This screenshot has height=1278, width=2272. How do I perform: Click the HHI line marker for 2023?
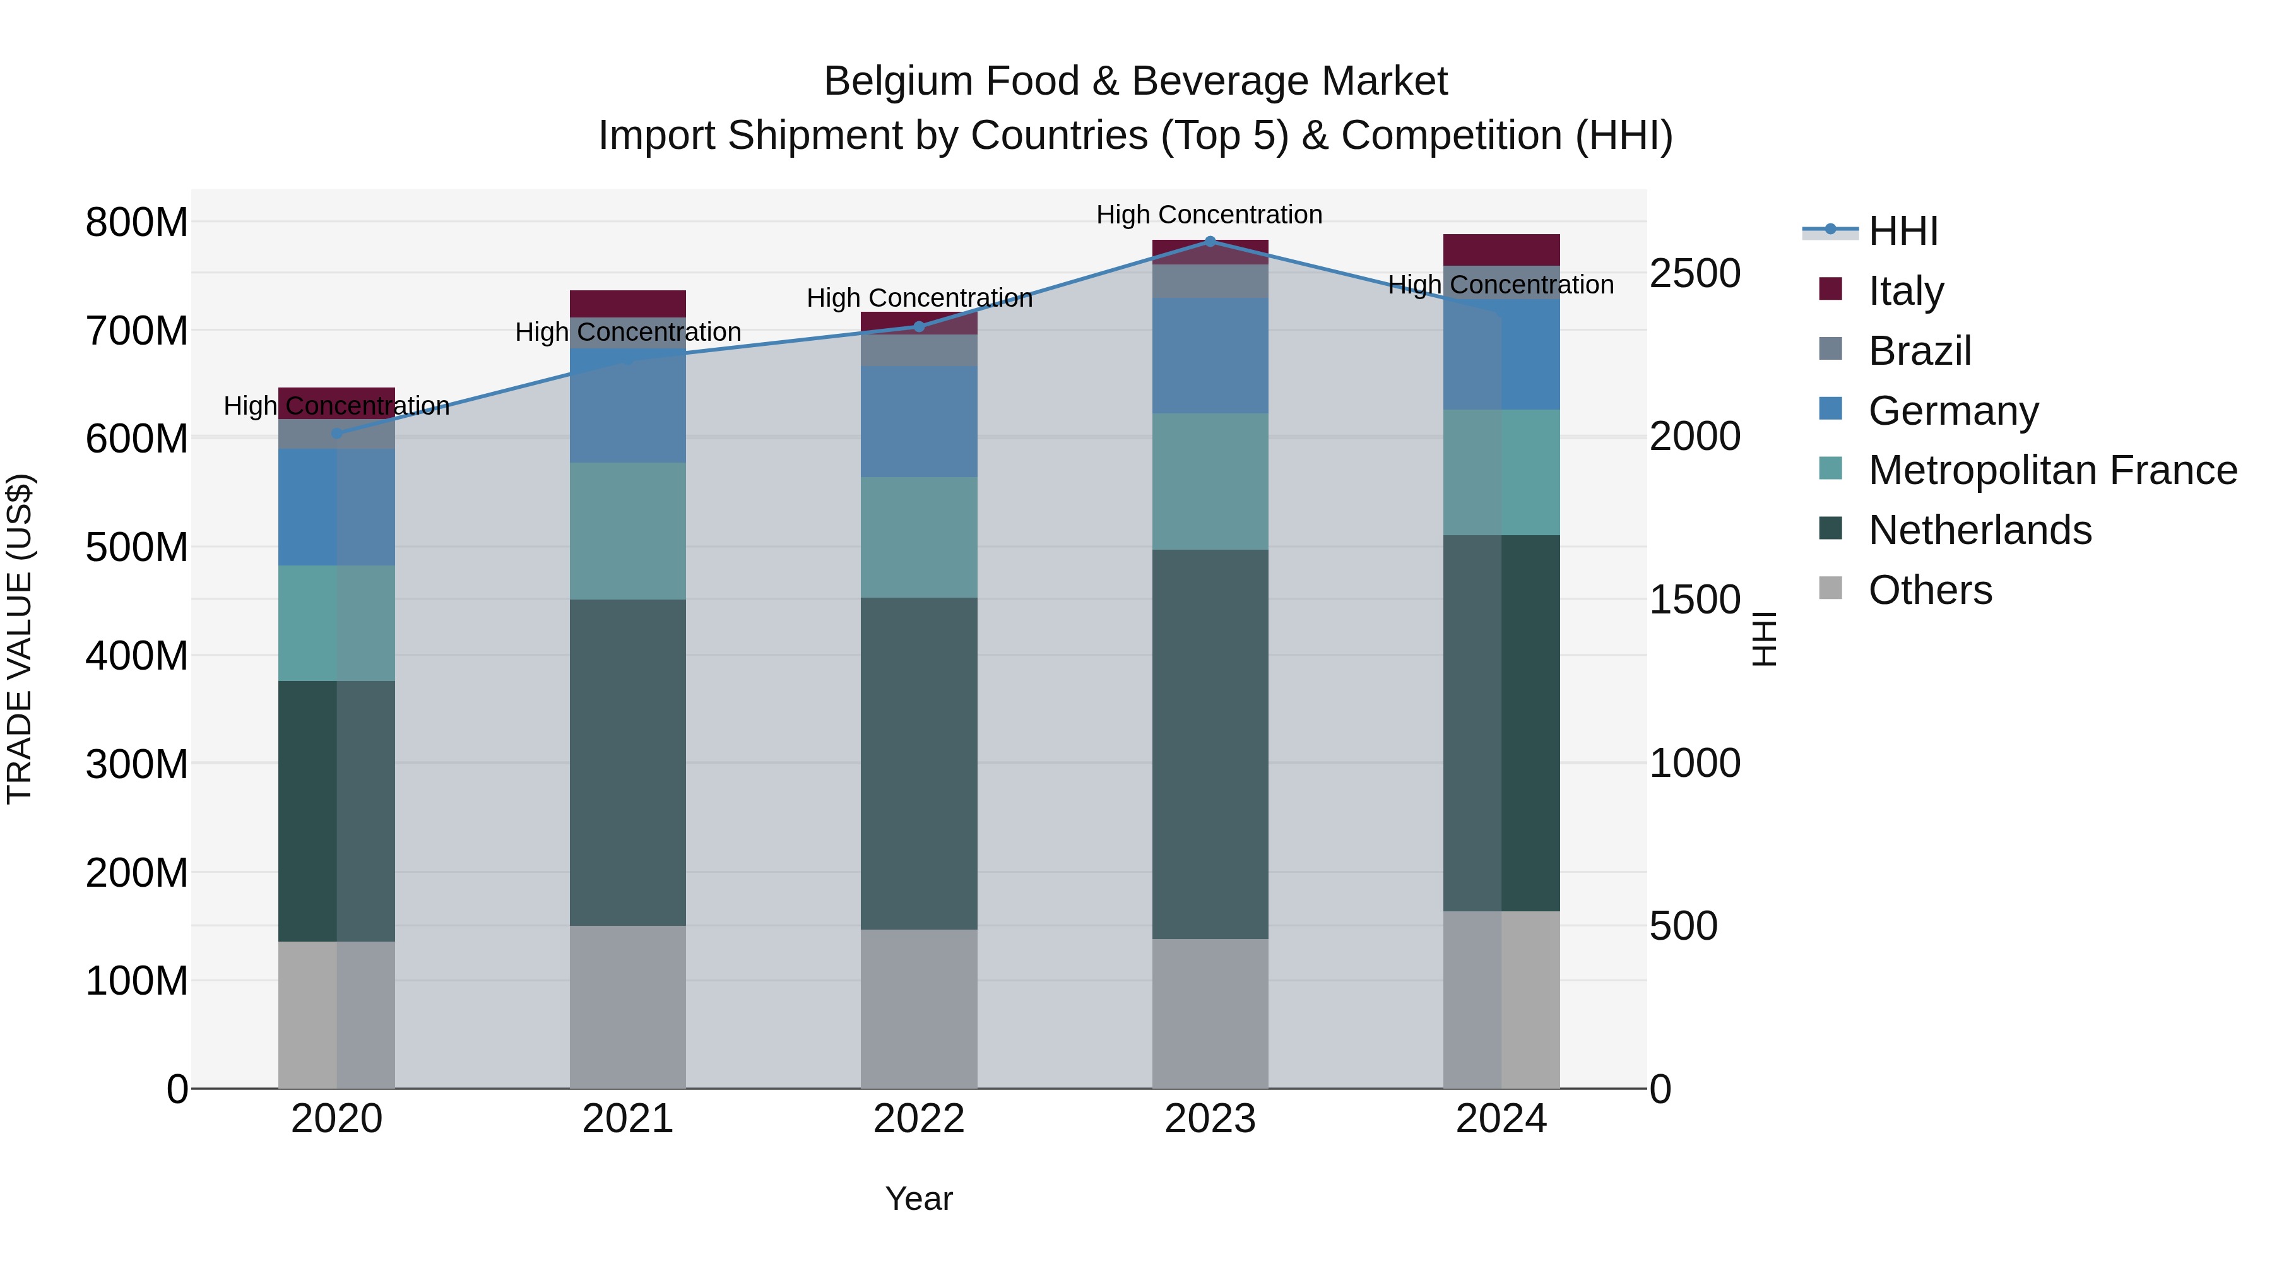pos(1210,241)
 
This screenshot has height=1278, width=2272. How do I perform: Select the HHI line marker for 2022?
pos(919,326)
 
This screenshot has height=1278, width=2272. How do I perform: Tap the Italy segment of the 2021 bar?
pos(627,304)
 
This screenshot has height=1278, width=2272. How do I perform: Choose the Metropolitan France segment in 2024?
pos(1501,472)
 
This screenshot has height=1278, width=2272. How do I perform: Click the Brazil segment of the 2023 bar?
pos(1210,281)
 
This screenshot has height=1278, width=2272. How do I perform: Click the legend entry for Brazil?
pos(1919,351)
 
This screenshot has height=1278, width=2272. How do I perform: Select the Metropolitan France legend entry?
pos(2052,471)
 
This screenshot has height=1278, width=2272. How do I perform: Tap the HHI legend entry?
pos(1902,231)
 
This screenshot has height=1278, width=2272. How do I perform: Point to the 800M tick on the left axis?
pos(137,222)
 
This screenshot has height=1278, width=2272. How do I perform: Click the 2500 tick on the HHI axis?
pos(1695,273)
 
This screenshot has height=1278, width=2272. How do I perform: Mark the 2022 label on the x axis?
pos(919,1119)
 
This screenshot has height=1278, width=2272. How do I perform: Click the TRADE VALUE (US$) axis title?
pos(20,639)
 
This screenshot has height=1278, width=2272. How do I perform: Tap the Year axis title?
pos(919,1198)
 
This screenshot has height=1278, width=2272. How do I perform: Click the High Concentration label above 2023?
pos(1209,215)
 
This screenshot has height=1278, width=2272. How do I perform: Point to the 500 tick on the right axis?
pos(1683,926)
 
